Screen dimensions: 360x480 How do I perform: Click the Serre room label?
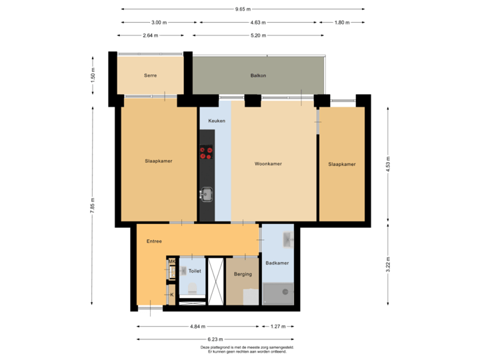click(x=150, y=75)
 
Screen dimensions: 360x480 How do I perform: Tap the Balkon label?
click(x=259, y=75)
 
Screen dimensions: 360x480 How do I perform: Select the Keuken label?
click(x=217, y=121)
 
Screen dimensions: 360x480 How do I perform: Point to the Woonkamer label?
click(x=268, y=163)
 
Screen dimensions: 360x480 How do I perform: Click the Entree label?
click(x=154, y=241)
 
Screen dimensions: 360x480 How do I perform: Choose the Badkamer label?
click(x=277, y=263)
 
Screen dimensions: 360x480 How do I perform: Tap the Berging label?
click(x=243, y=274)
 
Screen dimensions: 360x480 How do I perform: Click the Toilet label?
click(x=195, y=271)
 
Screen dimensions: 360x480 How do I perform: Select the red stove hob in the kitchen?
click(x=206, y=154)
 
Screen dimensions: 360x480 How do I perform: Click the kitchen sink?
click(x=206, y=194)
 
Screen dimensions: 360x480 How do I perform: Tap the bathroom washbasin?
click(x=287, y=238)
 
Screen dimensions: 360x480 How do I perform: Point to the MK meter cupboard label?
click(x=171, y=261)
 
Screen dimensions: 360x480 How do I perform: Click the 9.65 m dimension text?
click(x=243, y=9)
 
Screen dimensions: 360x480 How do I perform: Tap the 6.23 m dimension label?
click(x=215, y=339)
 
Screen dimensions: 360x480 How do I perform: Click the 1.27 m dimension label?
click(x=278, y=327)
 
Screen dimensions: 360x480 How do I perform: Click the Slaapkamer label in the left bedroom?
click(x=159, y=161)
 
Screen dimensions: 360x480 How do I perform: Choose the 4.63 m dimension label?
click(x=256, y=23)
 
